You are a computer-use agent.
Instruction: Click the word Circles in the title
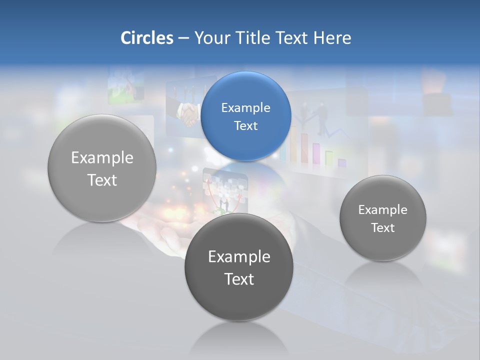(146, 38)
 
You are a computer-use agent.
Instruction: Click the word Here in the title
(332, 38)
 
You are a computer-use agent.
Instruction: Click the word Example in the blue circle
(245, 108)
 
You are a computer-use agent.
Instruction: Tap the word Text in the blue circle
(245, 126)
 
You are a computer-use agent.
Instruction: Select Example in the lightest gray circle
(102, 158)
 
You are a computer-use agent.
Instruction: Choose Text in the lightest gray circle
(102, 180)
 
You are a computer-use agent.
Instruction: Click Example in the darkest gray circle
(239, 257)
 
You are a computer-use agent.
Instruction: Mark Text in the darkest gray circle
(239, 279)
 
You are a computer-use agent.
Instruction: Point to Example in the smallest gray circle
(382, 210)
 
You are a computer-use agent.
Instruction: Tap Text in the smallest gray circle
(382, 228)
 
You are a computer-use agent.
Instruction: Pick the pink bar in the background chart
(316, 152)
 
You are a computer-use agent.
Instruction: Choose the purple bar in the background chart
(342, 162)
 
